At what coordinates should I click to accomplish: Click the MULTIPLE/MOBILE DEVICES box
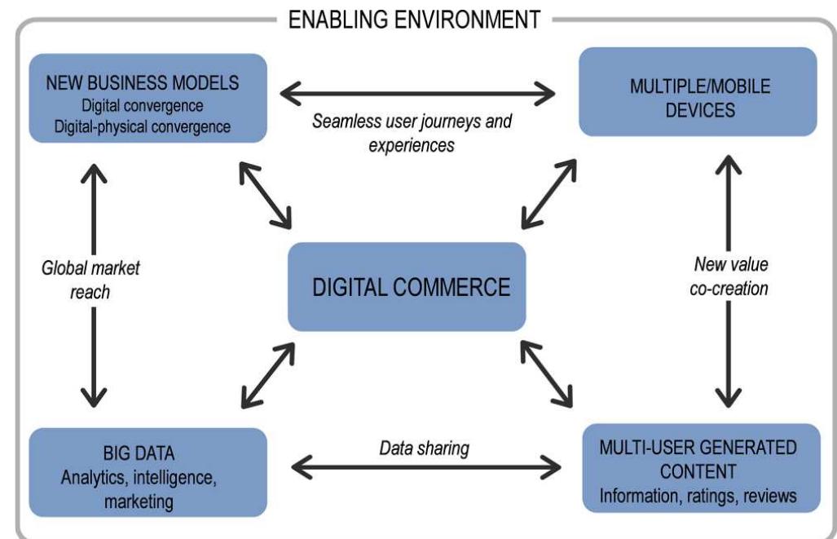(x=698, y=91)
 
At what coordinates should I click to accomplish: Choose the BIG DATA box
(x=148, y=471)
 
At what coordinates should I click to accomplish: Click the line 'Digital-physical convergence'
(x=148, y=126)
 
